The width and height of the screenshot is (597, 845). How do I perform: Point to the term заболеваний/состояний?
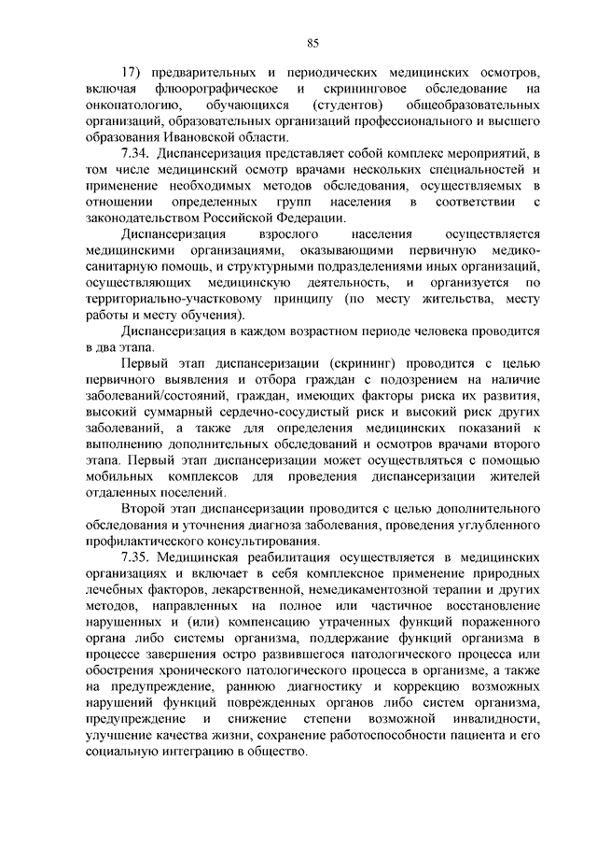click(147, 395)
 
